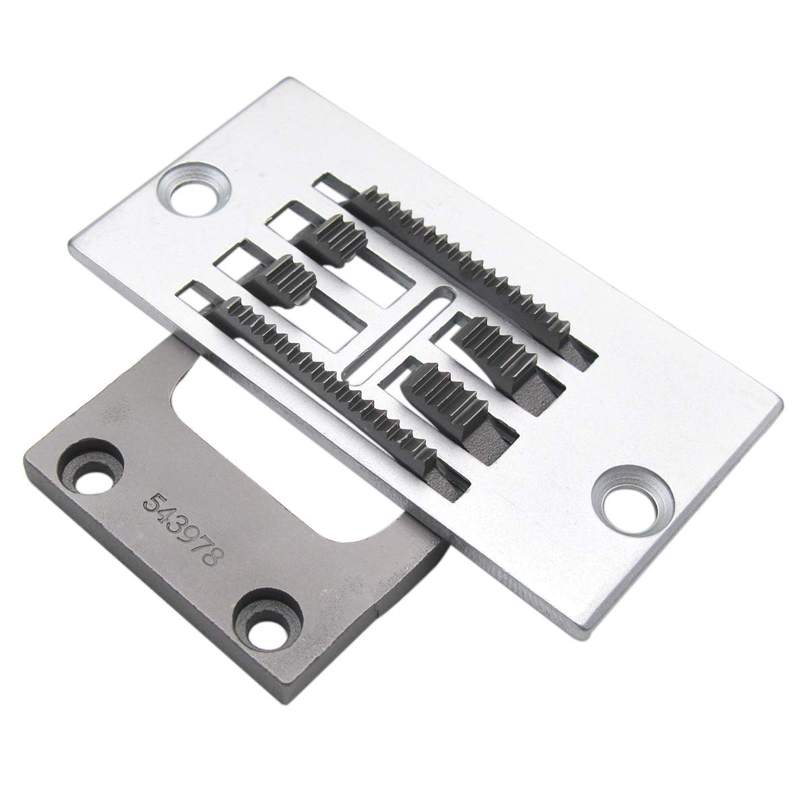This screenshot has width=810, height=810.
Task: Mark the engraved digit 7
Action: coord(198,545)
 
